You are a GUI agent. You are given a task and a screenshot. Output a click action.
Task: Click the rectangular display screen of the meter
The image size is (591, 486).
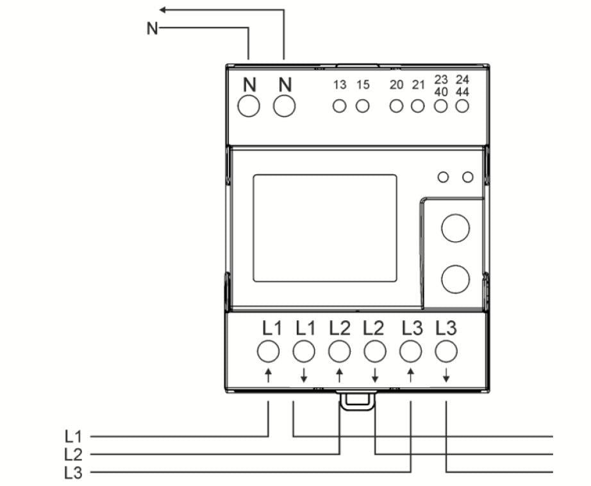pyautogui.click(x=324, y=228)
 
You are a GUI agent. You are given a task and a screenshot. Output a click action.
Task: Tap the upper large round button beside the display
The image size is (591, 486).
pyautogui.click(x=456, y=229)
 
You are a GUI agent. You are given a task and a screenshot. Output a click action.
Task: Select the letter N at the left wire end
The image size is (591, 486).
pyautogui.click(x=152, y=29)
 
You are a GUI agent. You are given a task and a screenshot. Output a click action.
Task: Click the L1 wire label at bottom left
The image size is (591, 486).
pyautogui.click(x=74, y=437)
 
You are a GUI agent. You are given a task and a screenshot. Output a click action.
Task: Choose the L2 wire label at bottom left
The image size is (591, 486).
pyautogui.click(x=74, y=455)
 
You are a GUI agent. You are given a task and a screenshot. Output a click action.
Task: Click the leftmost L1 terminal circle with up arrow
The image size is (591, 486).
pyautogui.click(x=269, y=351)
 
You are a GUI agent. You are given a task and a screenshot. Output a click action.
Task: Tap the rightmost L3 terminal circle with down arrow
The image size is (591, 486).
pyautogui.click(x=445, y=351)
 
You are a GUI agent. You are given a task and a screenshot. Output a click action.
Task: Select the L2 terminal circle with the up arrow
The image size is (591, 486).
pyautogui.click(x=339, y=351)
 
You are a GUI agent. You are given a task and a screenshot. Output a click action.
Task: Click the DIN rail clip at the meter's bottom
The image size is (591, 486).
pyautogui.click(x=357, y=401)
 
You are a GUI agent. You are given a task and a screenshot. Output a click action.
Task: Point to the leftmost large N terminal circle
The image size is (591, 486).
pyautogui.click(x=249, y=106)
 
